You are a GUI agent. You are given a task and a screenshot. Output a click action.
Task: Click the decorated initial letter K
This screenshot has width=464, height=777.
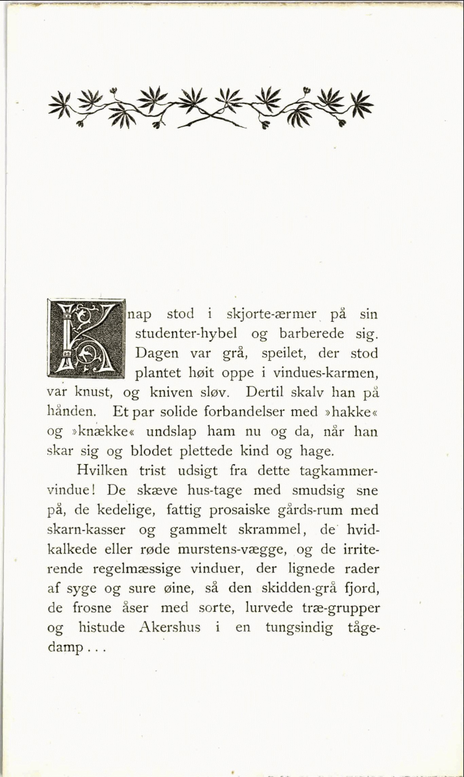pyautogui.click(x=87, y=339)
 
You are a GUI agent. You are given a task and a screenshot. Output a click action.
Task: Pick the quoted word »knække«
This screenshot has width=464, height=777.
pyautogui.click(x=102, y=432)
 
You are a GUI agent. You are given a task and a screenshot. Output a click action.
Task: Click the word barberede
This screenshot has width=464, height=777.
pyautogui.click(x=312, y=333)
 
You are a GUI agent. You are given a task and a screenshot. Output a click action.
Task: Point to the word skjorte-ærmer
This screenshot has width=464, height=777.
pyautogui.click(x=271, y=314)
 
